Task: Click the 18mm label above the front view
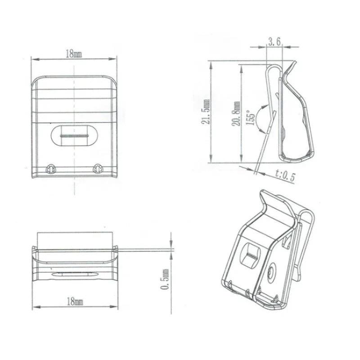pyautogui.click(x=74, y=54)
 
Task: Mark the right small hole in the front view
pyautogui.click(x=97, y=169)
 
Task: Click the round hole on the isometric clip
pyautogui.click(x=272, y=271)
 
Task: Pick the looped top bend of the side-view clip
pyautogui.click(x=272, y=67)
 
